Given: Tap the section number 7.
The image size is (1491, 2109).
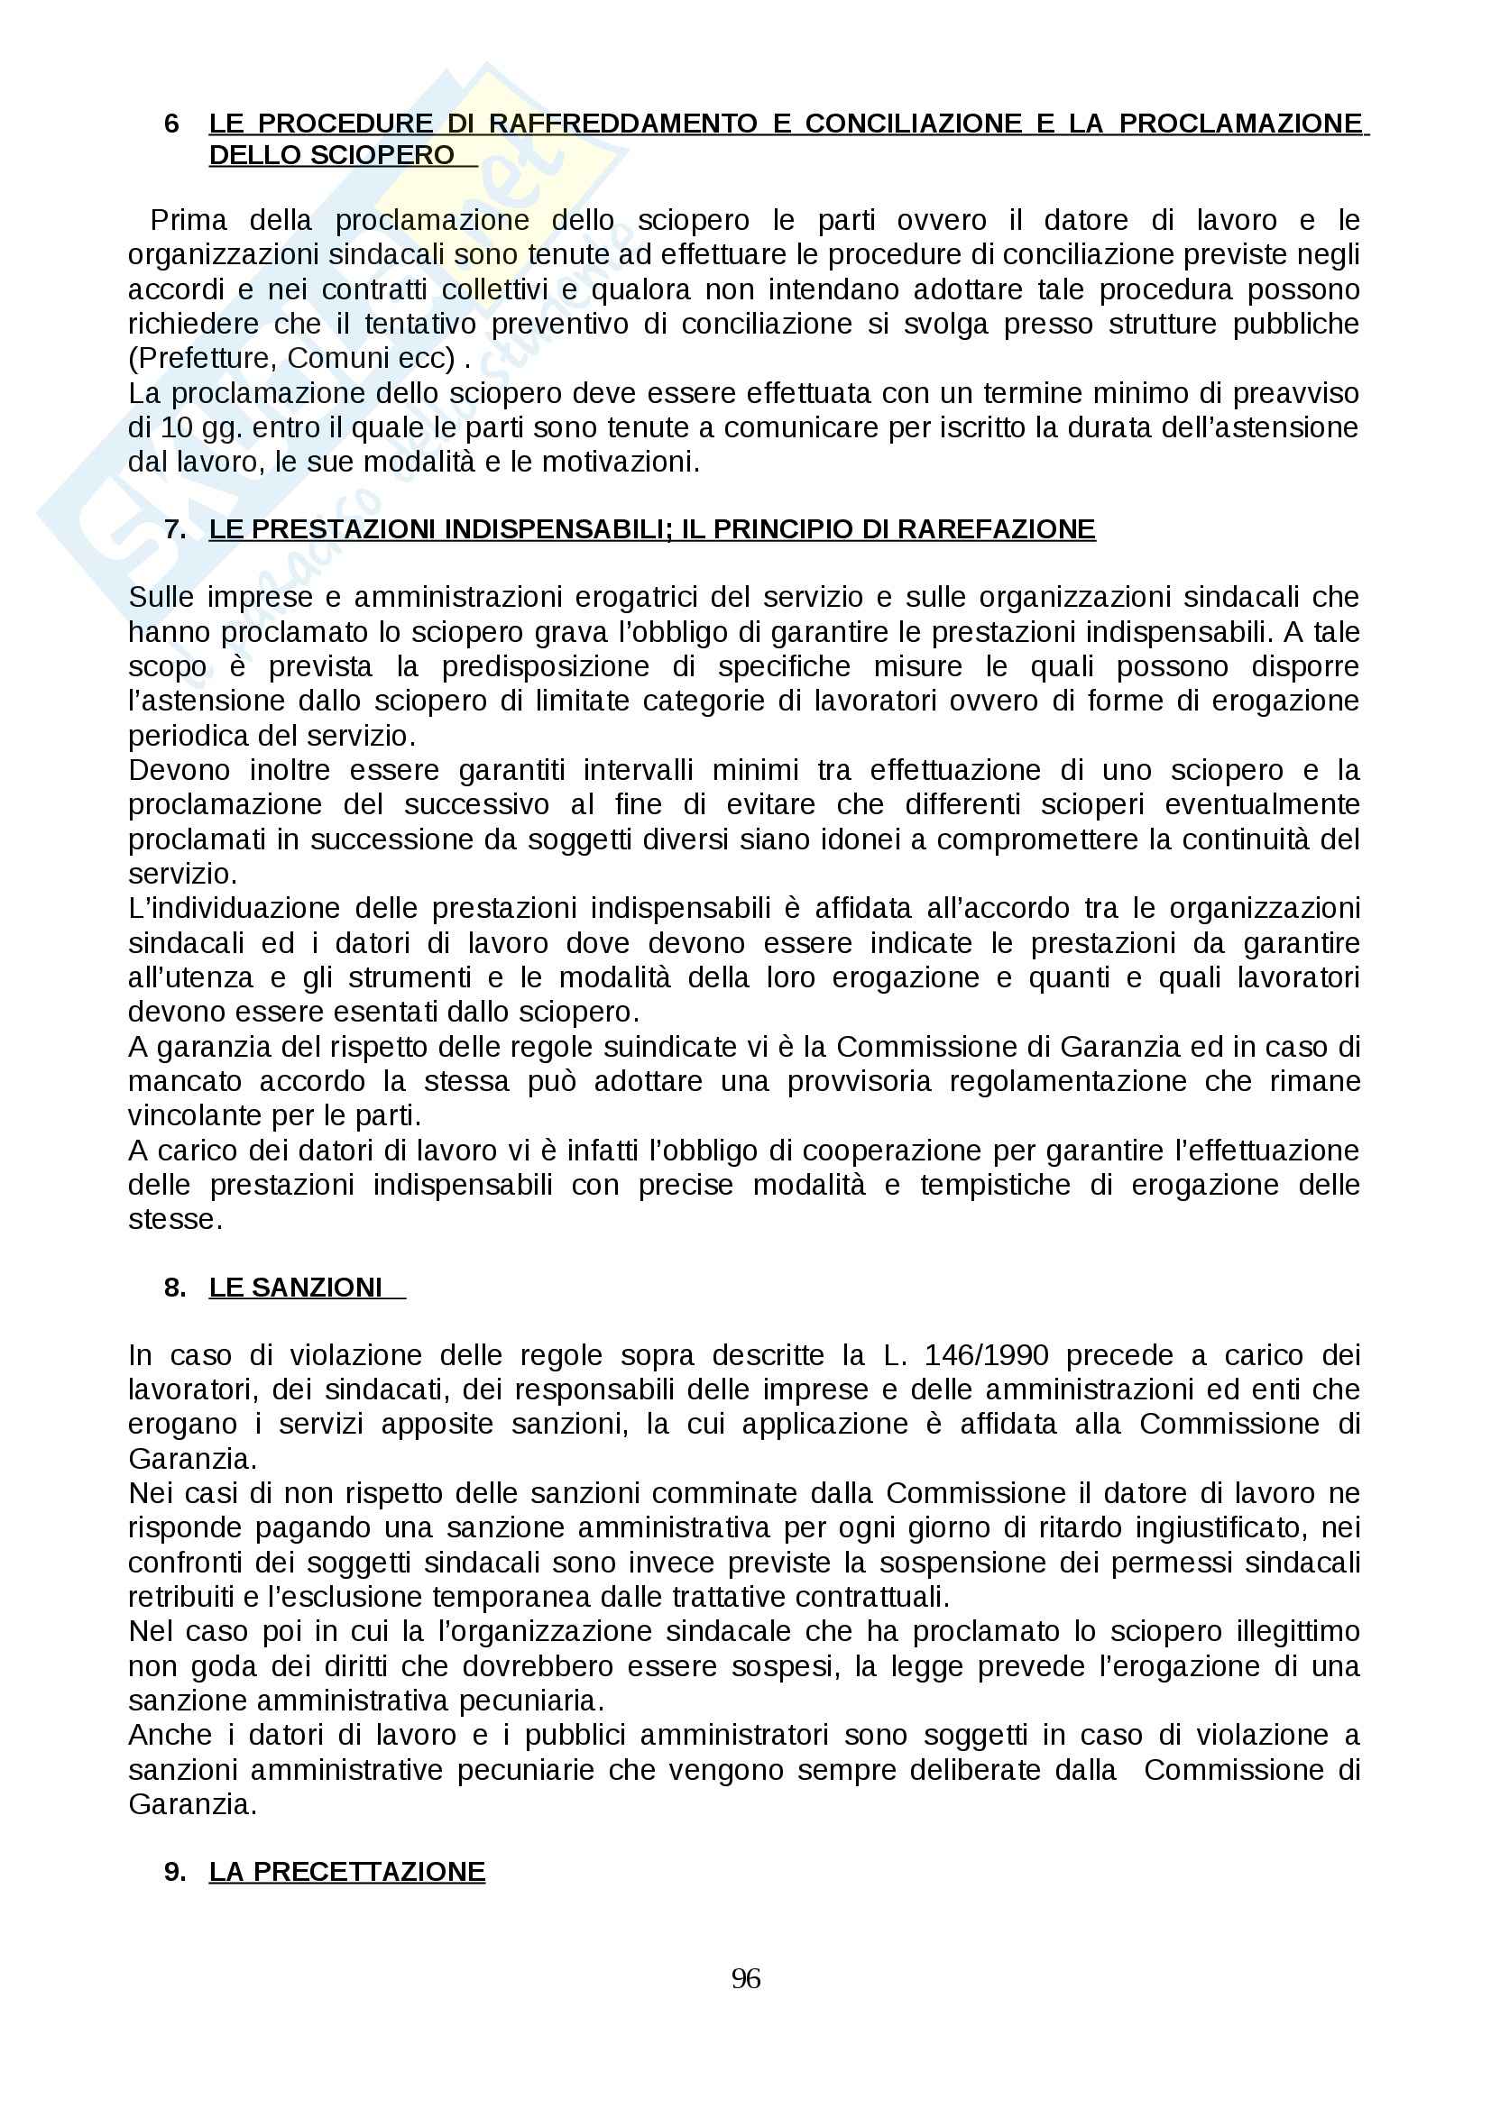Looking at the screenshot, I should (175, 529).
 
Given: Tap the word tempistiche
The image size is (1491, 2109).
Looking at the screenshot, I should (995, 1184).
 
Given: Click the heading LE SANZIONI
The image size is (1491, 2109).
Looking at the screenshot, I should (295, 1287).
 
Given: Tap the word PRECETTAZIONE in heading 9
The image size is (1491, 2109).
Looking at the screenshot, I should (369, 1871).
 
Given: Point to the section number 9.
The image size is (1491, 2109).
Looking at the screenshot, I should (175, 1871).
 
